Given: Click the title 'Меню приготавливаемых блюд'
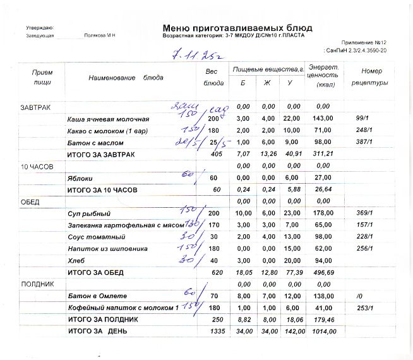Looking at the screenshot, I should pyautogui.click(x=237, y=28).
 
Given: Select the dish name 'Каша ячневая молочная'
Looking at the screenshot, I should pyautogui.click(x=108, y=119).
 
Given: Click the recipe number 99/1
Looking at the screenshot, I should pyautogui.click(x=362, y=118).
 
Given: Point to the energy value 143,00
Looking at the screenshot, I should pyautogui.click(x=323, y=119).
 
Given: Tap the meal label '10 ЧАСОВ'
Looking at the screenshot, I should pyautogui.click(x=36, y=166).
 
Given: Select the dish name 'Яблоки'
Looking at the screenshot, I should pyautogui.click(x=80, y=178).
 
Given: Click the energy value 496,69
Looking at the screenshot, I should pyautogui.click(x=323, y=272).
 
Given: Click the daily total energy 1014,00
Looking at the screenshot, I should pyautogui.click(x=323, y=331).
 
